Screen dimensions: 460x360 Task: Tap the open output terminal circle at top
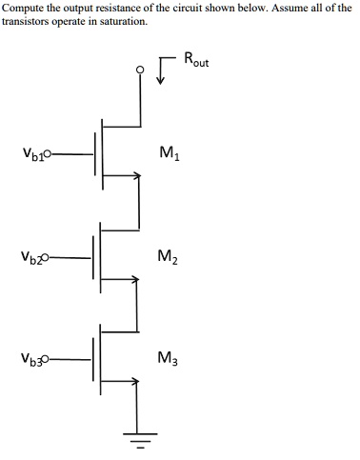(140, 69)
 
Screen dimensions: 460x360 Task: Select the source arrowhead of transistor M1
(136, 174)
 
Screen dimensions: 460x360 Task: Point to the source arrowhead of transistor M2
(136, 278)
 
